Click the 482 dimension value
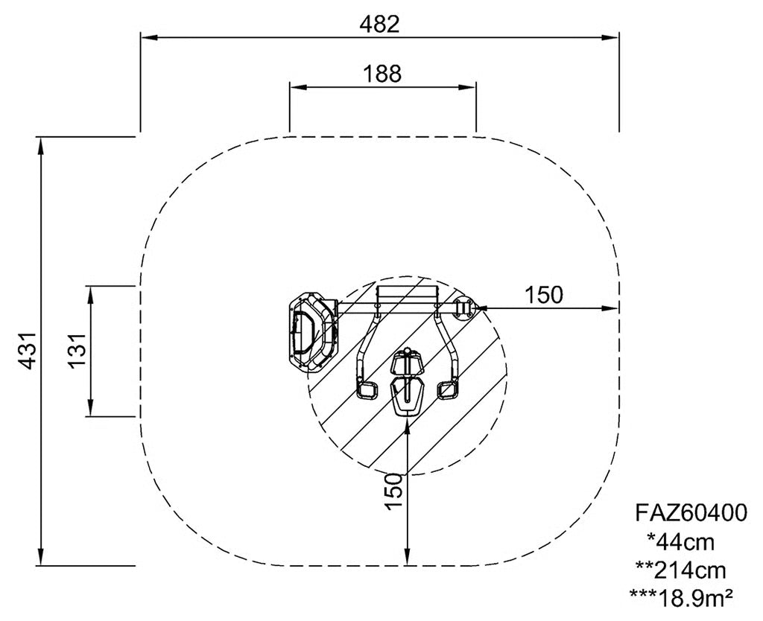coord(379,25)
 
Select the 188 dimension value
coord(382,74)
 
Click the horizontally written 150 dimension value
coord(543,294)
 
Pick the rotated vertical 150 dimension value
coord(394,491)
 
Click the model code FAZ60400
coord(691,512)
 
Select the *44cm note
coord(681,541)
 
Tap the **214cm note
coord(681,570)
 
